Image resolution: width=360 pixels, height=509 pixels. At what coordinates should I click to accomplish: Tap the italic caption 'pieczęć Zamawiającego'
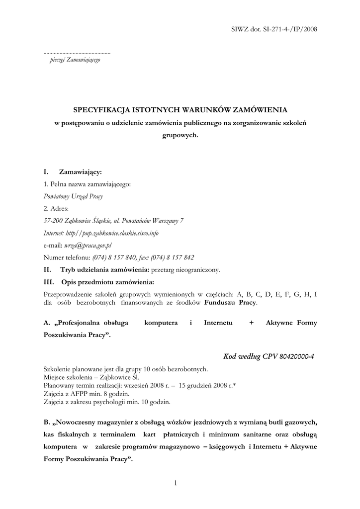coord(75,60)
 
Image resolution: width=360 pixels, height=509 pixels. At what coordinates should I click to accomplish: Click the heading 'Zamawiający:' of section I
coord(80,172)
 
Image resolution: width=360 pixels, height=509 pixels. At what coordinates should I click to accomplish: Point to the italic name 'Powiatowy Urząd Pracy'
coord(73,196)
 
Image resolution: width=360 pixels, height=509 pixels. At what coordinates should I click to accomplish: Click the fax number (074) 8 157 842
coord(173,257)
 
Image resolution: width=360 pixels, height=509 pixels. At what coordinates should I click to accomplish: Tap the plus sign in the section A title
coord(252,323)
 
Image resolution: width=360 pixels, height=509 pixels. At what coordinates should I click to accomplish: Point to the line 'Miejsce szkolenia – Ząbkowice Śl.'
coord(91,376)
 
